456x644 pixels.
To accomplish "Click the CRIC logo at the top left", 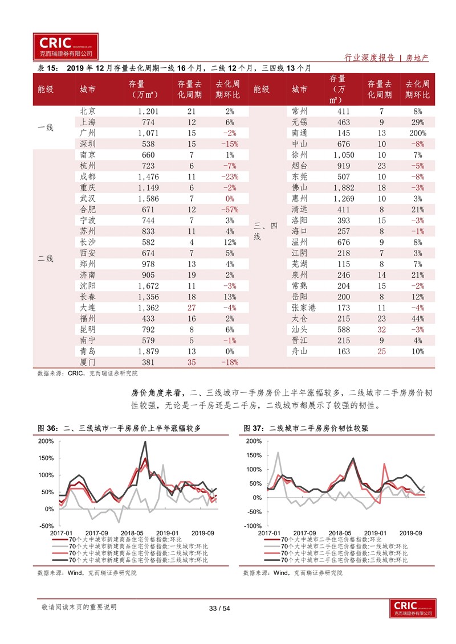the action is [x=66, y=47].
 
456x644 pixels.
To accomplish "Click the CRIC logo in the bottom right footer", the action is [x=413, y=608].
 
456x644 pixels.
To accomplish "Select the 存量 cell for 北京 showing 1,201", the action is [x=148, y=111].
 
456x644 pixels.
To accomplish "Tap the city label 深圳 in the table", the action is [x=88, y=144].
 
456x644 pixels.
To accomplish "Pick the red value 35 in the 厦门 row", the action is [x=192, y=362].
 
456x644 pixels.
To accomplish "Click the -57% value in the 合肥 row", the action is [x=230, y=210].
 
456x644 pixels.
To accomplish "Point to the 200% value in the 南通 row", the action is [x=418, y=133].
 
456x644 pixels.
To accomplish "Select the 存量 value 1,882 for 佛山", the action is [x=344, y=188].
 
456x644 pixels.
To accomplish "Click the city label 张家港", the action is [x=303, y=307].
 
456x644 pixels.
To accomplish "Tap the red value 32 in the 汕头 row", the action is [x=381, y=329].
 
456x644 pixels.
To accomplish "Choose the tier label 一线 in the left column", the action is [x=46, y=128].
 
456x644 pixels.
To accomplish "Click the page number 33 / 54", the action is [x=219, y=608].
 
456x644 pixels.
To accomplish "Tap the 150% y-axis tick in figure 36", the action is [x=46, y=458].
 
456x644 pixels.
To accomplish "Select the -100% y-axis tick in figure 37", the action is [x=253, y=526].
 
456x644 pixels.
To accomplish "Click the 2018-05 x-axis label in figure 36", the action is [x=132, y=533].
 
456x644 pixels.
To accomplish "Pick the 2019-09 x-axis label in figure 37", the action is [x=410, y=533].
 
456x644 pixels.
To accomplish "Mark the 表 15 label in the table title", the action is [x=48, y=68].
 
